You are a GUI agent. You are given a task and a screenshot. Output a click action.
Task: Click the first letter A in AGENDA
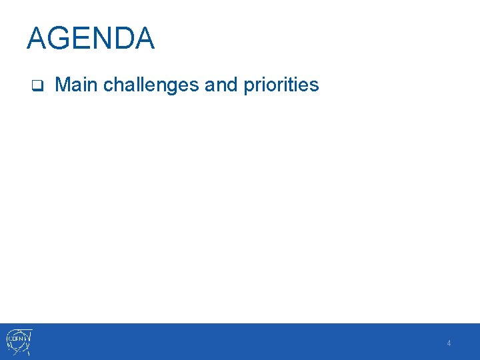pyautogui.click(x=37, y=39)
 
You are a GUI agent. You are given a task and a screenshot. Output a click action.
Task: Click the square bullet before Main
pyautogui.click(x=38, y=86)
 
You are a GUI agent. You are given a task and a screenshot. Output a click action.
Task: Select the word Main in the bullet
pyautogui.click(x=77, y=85)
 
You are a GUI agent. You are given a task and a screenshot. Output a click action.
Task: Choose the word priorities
pyautogui.click(x=281, y=85)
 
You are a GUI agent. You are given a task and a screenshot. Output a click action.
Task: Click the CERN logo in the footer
pyautogui.click(x=19, y=341)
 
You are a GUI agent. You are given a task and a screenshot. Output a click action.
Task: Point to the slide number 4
pyautogui.click(x=449, y=343)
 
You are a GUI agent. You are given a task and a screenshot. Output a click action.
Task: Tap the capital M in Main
pyautogui.click(x=63, y=85)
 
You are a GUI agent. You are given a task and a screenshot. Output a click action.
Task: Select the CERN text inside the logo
pyautogui.click(x=17, y=339)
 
